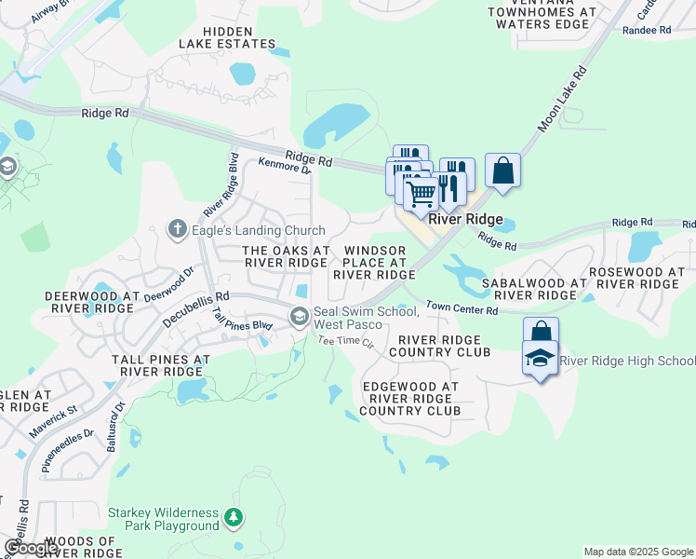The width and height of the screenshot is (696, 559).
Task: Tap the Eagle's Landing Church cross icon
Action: [x=177, y=228]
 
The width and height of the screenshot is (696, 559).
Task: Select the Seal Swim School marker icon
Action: [x=300, y=317]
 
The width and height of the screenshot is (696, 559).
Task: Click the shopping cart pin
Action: [x=422, y=194]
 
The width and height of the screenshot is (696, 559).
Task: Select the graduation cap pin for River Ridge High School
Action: [x=540, y=360]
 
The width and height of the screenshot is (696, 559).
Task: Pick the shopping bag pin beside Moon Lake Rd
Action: [x=502, y=170]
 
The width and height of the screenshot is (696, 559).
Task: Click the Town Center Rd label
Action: [x=462, y=307]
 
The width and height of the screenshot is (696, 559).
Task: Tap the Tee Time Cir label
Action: [x=345, y=343]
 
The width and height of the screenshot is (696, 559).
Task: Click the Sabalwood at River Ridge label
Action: [x=534, y=289]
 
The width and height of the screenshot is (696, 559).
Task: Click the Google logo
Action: [x=31, y=548]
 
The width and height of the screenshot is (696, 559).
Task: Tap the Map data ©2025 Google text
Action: [x=637, y=552]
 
